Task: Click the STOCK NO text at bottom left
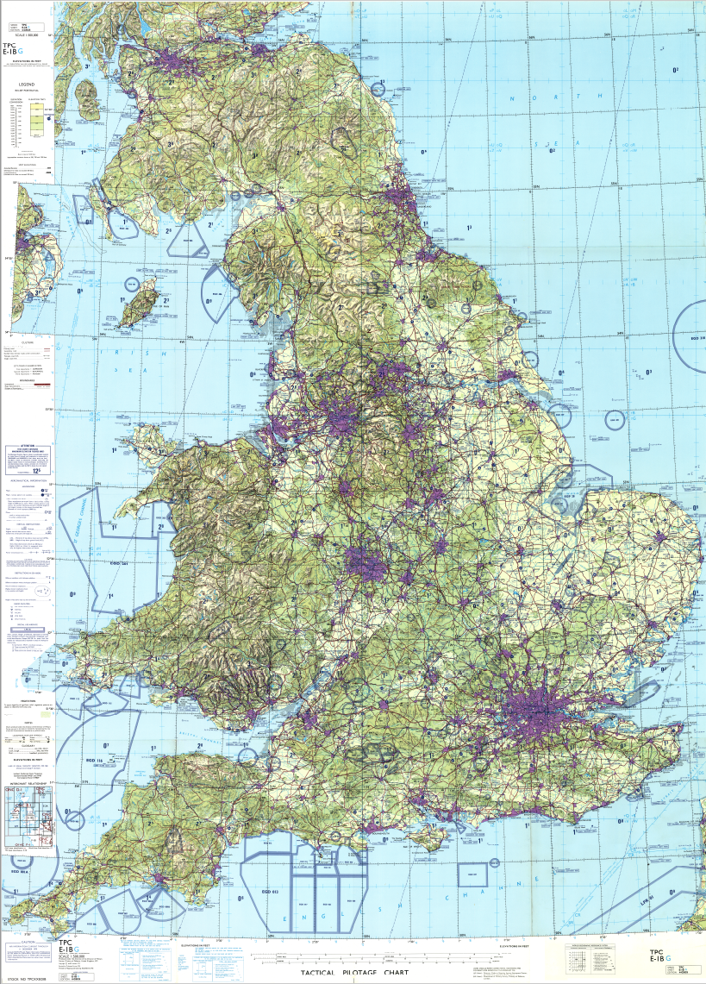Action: [x=27, y=979]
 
